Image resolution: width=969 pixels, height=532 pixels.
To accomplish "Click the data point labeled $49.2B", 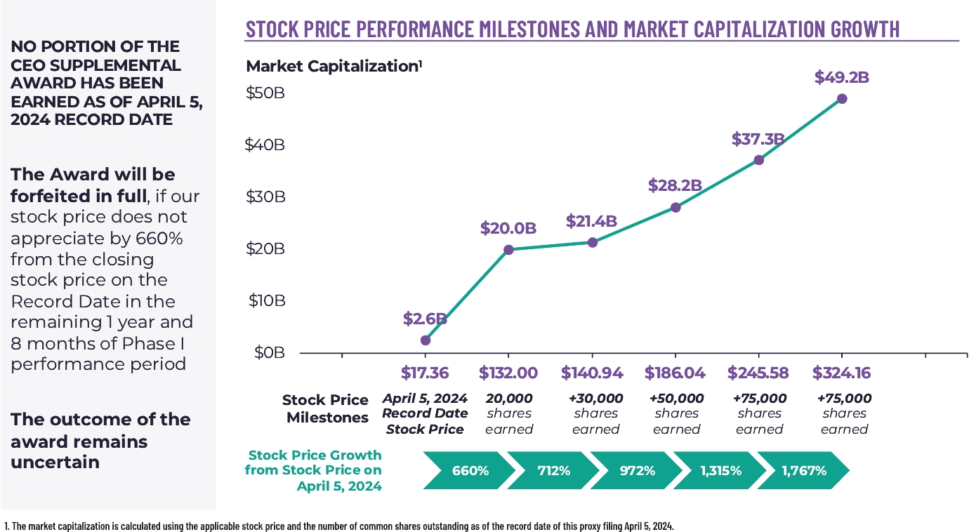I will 842,99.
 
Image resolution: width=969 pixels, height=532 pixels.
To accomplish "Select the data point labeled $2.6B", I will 426,340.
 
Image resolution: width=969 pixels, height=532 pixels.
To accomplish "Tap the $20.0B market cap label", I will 508,228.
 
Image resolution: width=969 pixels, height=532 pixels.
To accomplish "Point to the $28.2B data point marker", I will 675,207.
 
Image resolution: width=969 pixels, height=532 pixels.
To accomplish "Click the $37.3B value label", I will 758,139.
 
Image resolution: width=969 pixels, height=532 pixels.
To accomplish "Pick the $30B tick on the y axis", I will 265,197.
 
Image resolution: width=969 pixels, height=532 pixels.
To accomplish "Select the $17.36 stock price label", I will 425,373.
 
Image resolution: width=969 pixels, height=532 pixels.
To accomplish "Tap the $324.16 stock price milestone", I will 842,373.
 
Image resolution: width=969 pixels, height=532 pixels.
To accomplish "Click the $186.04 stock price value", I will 675,373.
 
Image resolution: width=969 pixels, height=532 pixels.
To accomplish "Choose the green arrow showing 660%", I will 465,471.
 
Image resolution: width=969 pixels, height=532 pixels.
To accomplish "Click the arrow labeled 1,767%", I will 803,471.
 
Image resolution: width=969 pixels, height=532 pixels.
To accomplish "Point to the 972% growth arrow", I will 636,471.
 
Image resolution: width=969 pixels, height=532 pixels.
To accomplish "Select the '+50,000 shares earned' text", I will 677,413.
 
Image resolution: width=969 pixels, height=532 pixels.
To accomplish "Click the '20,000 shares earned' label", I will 509,413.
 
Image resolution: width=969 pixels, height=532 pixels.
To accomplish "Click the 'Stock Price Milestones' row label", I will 325,408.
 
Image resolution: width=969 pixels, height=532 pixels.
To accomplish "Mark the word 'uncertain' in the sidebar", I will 55,463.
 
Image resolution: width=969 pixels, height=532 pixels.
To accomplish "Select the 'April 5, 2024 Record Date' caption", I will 425,406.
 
